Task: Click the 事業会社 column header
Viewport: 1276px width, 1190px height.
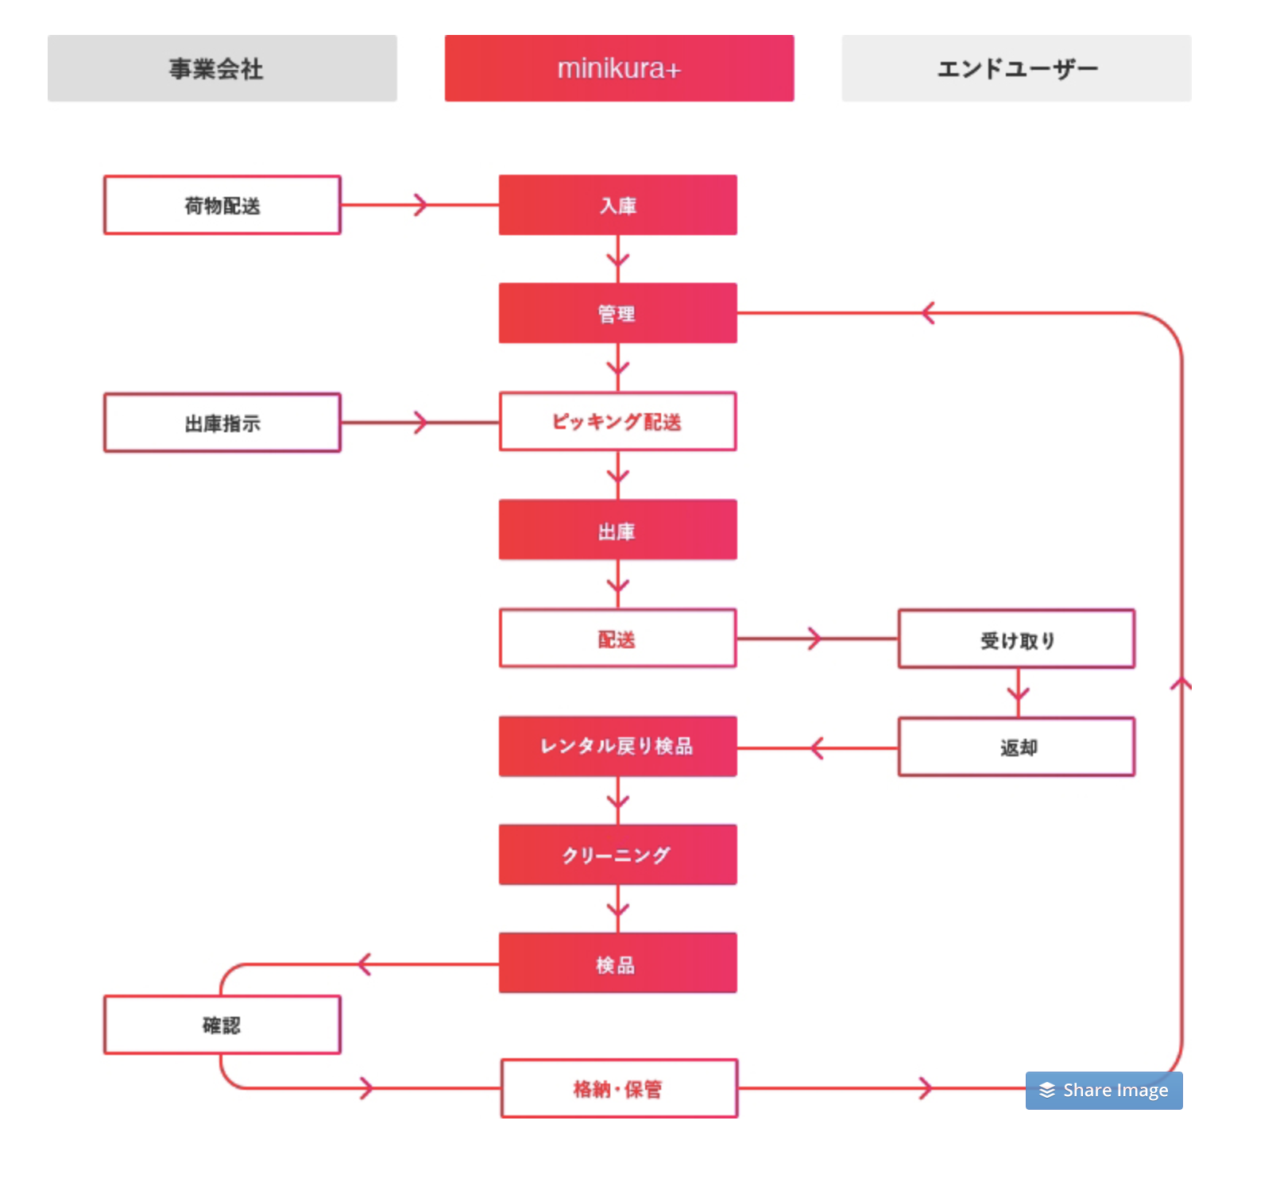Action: point(222,68)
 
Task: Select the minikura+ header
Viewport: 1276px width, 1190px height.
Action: point(619,68)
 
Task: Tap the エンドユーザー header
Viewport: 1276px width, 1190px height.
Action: point(1016,68)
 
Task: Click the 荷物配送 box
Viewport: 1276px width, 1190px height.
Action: point(222,205)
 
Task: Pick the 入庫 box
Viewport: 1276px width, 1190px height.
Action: point(618,205)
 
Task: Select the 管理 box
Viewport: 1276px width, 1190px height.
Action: point(618,313)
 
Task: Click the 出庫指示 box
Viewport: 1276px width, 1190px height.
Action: point(222,423)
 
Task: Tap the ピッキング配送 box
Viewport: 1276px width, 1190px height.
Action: point(618,421)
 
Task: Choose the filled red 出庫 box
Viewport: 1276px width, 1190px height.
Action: point(618,530)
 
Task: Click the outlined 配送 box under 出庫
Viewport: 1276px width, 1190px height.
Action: point(618,638)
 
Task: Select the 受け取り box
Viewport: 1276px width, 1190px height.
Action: point(1017,639)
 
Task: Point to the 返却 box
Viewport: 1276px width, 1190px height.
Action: point(1017,747)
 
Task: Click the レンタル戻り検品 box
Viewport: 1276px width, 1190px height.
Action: point(618,747)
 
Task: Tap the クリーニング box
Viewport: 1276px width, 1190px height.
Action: point(618,855)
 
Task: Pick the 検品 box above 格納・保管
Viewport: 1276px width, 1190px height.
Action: point(618,963)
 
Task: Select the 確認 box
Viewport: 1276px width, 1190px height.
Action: point(222,1025)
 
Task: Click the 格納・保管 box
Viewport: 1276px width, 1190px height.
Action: point(620,1088)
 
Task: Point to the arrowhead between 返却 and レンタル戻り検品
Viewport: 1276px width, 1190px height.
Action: point(817,748)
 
